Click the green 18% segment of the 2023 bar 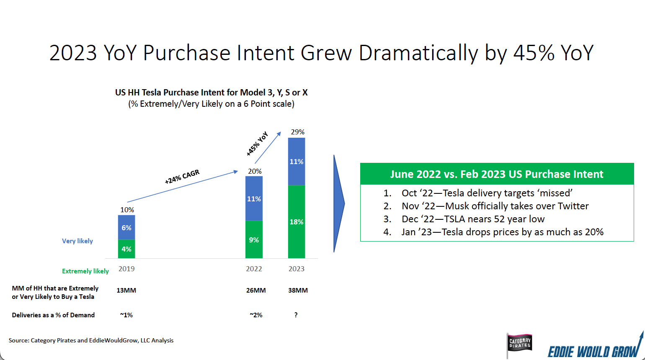point(297,222)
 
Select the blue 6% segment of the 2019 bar point(126,228)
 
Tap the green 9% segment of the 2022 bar point(254,240)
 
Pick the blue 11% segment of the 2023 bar point(297,162)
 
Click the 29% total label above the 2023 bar point(297,132)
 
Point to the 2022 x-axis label point(254,269)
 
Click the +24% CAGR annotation point(182,177)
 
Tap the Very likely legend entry point(77,241)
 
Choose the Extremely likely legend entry point(85,271)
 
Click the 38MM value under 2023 point(298,290)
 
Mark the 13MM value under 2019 point(126,290)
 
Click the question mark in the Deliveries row point(296,315)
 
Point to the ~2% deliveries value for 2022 point(256,315)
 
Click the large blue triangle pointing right point(338,204)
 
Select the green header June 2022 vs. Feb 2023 point(497,174)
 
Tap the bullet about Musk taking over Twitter point(495,206)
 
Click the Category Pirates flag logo point(519,344)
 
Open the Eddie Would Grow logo point(594,349)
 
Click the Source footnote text point(91,340)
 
